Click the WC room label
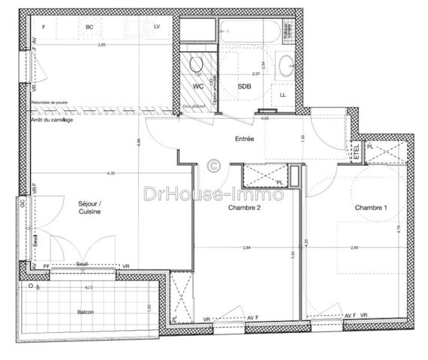199,86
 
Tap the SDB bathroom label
244,86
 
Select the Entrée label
244,139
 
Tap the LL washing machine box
282,95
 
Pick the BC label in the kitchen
89,27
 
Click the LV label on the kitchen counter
157,27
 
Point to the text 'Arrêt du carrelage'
52,121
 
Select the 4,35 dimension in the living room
111,174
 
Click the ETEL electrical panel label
355,151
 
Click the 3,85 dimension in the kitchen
101,45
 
